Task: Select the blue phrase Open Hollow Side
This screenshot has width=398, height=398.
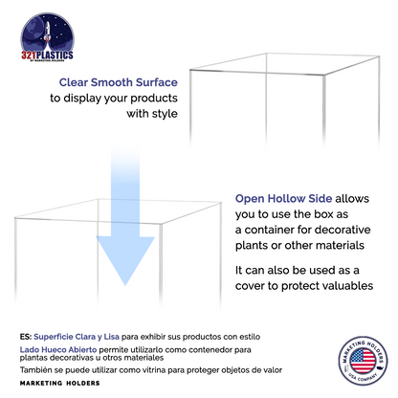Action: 283,199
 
